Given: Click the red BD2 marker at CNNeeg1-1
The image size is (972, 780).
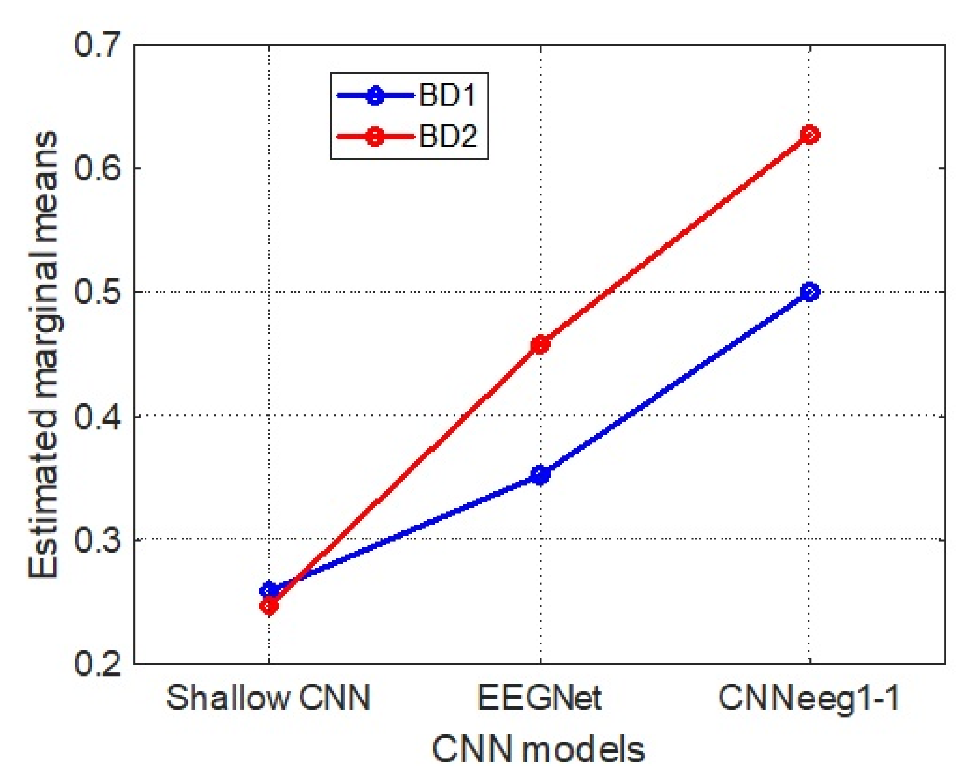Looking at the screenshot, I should point(810,134).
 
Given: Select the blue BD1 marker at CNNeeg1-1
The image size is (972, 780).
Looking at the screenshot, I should point(810,292).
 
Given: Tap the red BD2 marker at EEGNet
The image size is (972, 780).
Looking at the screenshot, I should point(540,345).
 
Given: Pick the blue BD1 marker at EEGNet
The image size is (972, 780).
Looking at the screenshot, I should point(540,475).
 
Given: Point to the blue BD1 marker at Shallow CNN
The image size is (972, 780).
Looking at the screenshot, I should point(269,590).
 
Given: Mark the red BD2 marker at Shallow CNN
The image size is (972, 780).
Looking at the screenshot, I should point(269,607).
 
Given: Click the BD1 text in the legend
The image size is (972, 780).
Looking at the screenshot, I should point(447,95).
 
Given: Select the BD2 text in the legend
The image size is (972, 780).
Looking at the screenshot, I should point(448,136).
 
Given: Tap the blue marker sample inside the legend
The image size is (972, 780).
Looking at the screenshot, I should point(375,95).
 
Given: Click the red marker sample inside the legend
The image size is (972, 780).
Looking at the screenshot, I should point(375,136).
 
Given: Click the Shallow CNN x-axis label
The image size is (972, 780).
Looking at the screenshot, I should point(269,698).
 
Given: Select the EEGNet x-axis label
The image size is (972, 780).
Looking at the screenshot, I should point(539,698).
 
